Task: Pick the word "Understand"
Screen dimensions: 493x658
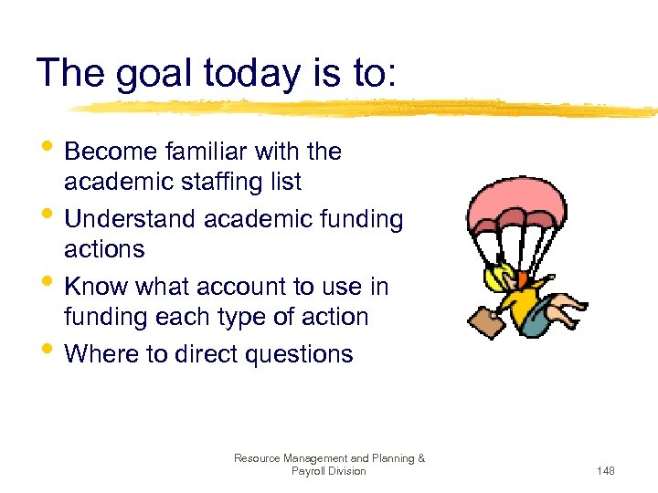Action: tap(132, 219)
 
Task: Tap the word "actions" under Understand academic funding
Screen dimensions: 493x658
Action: tap(104, 249)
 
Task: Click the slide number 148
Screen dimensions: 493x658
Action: tap(605, 471)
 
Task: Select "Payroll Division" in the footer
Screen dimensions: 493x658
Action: tap(329, 471)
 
